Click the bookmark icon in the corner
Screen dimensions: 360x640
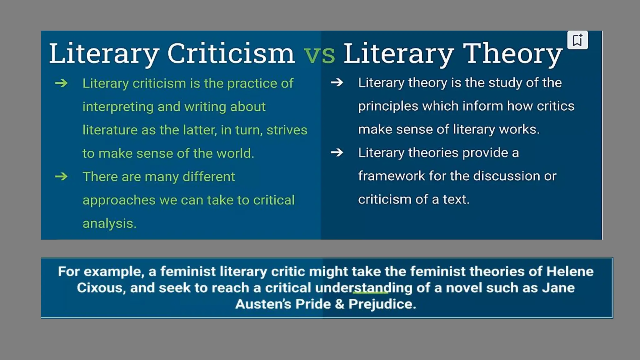(577, 40)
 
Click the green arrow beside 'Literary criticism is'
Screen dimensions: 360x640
(61, 83)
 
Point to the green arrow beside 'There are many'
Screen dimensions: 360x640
(61, 177)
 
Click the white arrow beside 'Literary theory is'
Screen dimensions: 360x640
(337, 82)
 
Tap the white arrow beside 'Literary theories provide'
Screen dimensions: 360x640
(337, 152)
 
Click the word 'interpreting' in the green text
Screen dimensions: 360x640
(118, 107)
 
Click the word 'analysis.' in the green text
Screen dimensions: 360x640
(109, 224)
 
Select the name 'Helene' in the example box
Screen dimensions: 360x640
(570, 271)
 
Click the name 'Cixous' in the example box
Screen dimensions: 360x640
(99, 288)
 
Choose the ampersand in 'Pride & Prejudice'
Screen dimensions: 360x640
(339, 304)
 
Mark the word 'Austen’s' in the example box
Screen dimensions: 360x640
(263, 304)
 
